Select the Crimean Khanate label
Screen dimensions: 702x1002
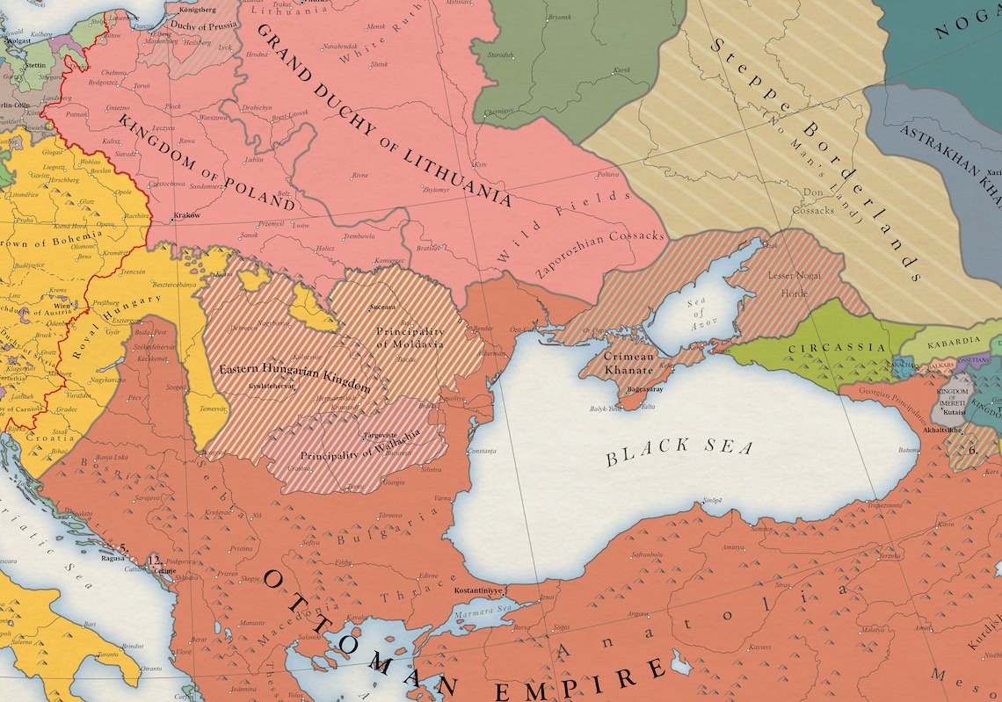pyautogui.click(x=628, y=364)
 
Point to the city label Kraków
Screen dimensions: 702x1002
pyautogui.click(x=187, y=215)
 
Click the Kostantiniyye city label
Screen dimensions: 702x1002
pyautogui.click(x=478, y=591)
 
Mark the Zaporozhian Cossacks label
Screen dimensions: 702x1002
pyautogui.click(x=601, y=250)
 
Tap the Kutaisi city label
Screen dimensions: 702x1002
pyautogui.click(x=955, y=409)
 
